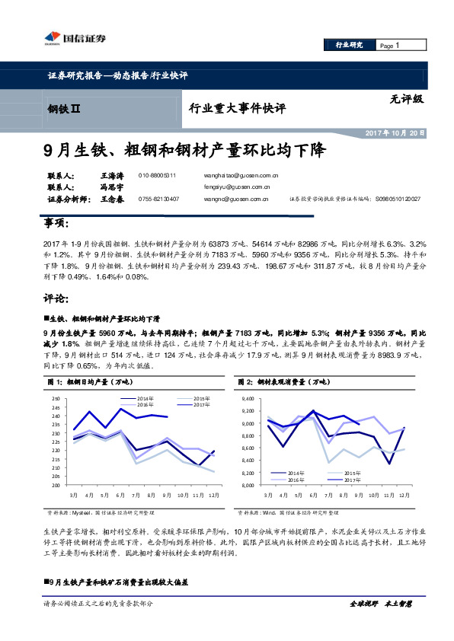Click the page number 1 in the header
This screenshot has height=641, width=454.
(x=397, y=46)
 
